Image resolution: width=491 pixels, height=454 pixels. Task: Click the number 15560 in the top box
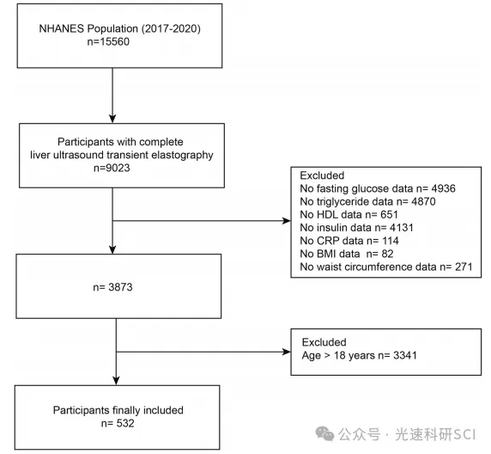pyautogui.click(x=114, y=42)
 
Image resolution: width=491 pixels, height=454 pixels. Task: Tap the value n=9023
pyautogui.click(x=112, y=168)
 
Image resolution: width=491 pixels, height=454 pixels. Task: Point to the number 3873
pyautogui.click(x=120, y=287)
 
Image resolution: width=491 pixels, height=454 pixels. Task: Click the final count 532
pyautogui.click(x=125, y=423)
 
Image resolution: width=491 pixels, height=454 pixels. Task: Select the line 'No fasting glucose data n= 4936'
pyautogui.click(x=378, y=188)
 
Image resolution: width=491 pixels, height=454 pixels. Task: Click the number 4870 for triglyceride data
pyautogui.click(x=423, y=201)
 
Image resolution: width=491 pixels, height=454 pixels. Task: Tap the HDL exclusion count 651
pyautogui.click(x=389, y=215)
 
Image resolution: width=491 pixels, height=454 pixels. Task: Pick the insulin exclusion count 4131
pyautogui.click(x=402, y=228)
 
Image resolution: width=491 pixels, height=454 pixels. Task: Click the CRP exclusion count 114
pyautogui.click(x=391, y=241)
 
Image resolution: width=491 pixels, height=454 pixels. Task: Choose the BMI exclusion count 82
pyautogui.click(x=387, y=254)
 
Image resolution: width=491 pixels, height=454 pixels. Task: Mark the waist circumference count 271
pyautogui.click(x=464, y=267)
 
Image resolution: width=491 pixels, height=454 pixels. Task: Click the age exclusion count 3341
pyautogui.click(x=405, y=355)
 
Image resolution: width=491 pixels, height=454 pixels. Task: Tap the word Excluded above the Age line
pyautogui.click(x=324, y=342)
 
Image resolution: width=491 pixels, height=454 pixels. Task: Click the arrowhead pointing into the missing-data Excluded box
pyautogui.click(x=287, y=221)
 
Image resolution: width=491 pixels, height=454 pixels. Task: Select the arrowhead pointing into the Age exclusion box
pyautogui.click(x=287, y=352)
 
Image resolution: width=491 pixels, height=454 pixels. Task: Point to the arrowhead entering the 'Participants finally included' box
pyautogui.click(x=116, y=381)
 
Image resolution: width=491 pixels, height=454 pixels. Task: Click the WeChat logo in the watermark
pyautogui.click(x=324, y=434)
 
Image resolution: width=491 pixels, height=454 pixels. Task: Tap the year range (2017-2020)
pyautogui.click(x=171, y=28)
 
